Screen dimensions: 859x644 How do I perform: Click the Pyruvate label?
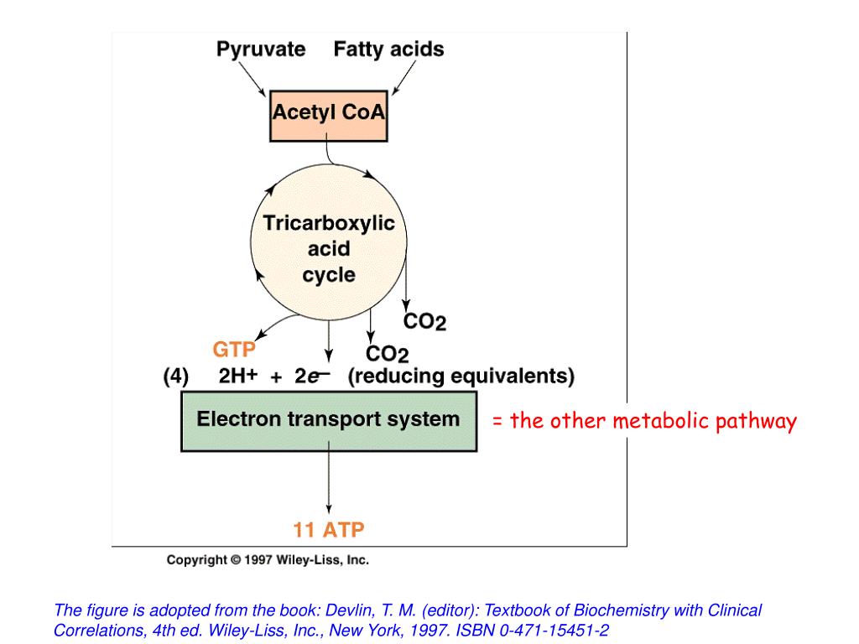coord(261,49)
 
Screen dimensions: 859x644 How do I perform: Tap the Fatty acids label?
coord(388,49)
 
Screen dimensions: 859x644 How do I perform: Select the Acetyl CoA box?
coord(329,112)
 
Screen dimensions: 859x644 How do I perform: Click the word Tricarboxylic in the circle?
coord(329,223)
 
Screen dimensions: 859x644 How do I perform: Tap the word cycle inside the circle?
coord(329,275)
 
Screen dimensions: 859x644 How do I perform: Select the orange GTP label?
coord(234,348)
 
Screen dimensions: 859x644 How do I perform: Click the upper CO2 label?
coord(425,321)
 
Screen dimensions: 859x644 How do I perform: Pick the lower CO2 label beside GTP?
coord(387,356)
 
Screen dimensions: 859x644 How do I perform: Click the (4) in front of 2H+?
coord(176,377)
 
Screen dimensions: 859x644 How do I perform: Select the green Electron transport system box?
coord(328,419)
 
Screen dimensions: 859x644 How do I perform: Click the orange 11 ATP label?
coord(329,530)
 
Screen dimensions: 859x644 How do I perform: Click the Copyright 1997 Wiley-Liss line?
coord(268,560)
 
